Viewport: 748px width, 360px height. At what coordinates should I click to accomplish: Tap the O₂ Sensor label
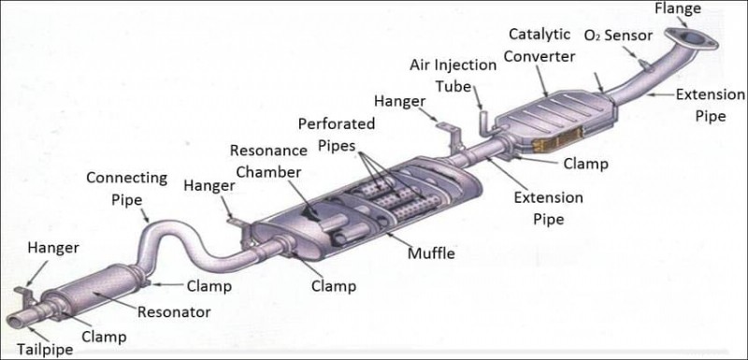pos(618,36)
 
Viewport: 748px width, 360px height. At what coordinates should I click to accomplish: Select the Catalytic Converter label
pos(539,44)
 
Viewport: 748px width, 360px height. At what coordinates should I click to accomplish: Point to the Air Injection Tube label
pos(453,74)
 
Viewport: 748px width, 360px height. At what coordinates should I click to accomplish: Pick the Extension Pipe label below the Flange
pos(710,104)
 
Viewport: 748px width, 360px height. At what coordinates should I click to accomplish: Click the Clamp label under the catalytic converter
pos(585,164)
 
